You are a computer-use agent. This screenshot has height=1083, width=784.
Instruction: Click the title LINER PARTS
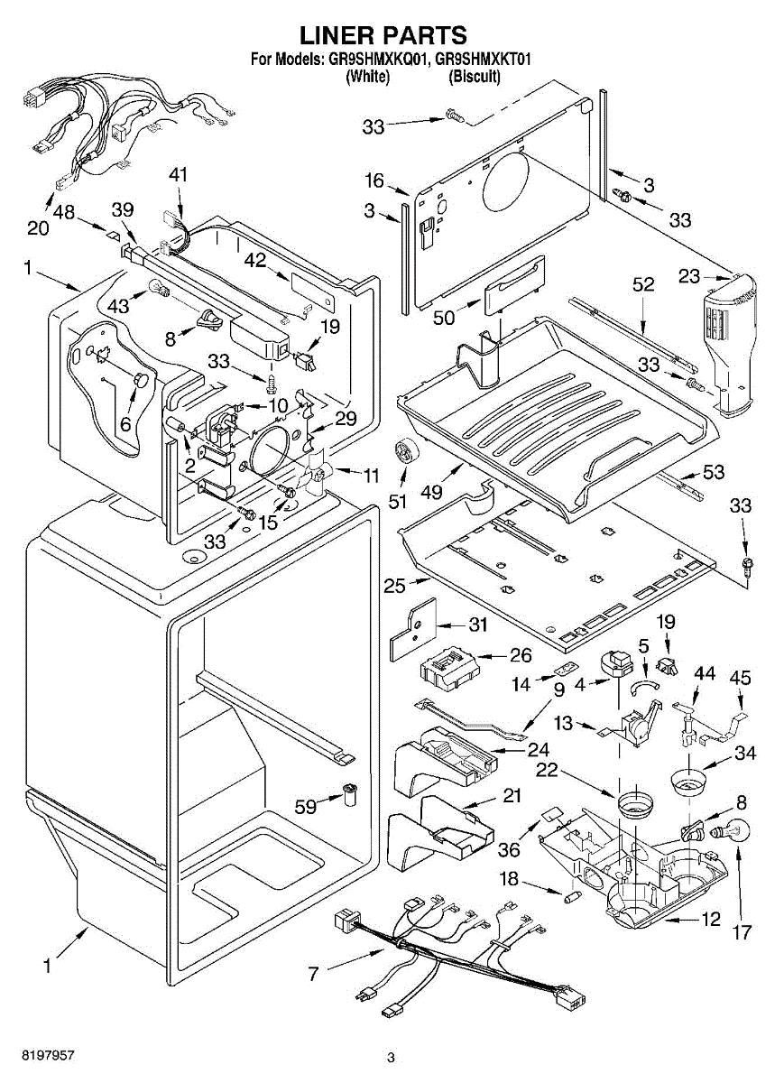(383, 35)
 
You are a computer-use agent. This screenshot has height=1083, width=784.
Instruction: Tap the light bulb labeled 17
(733, 831)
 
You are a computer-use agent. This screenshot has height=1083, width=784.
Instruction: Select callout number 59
(308, 806)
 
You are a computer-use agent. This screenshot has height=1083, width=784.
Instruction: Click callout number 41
(179, 175)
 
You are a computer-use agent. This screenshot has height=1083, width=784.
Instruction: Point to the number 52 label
(642, 283)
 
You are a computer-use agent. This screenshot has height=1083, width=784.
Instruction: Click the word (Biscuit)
(475, 77)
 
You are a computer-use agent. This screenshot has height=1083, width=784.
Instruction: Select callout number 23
(690, 277)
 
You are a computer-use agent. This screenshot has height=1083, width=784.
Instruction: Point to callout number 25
(395, 586)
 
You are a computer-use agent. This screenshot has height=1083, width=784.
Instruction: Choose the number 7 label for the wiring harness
(314, 973)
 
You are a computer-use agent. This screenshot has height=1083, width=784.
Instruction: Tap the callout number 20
(38, 227)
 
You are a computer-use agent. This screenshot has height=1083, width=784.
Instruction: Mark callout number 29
(346, 419)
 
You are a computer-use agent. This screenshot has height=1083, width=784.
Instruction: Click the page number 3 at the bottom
(391, 1057)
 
